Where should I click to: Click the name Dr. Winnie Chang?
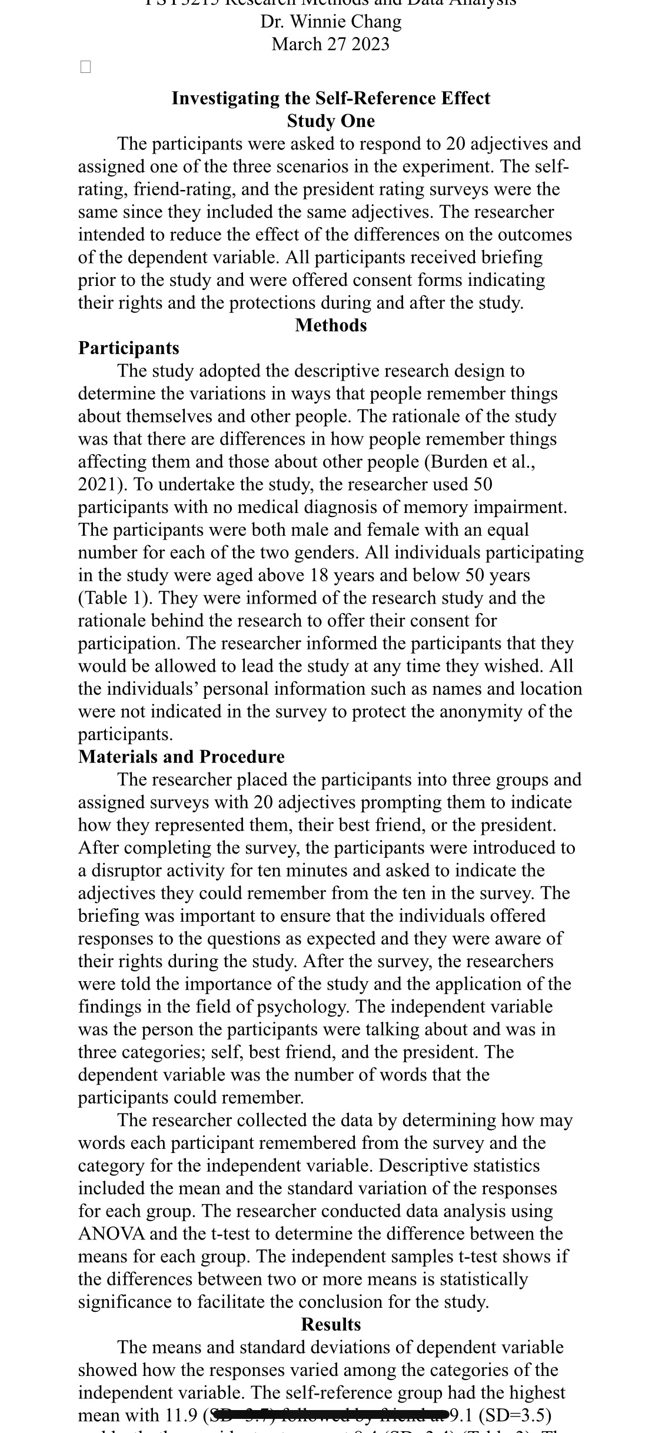[331, 22]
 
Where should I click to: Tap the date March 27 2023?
[330, 44]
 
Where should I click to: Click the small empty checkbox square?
[85, 67]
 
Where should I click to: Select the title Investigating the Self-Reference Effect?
[331, 98]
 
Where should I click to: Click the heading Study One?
[331, 121]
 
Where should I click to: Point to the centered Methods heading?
[331, 325]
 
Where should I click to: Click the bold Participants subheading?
[129, 348]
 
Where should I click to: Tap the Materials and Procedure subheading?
[181, 757]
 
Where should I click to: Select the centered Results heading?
[331, 1324]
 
